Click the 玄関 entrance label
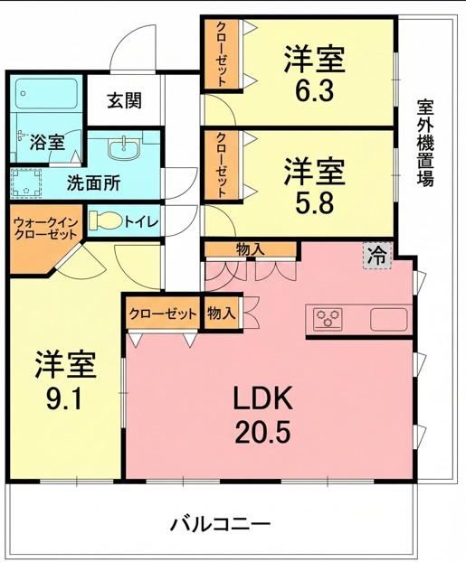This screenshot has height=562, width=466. tap(124, 100)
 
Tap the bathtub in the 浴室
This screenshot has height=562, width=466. tap(47, 94)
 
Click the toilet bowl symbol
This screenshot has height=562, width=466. tap(105, 220)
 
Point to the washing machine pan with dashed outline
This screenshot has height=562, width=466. tap(25, 183)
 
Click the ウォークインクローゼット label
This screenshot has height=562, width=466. tap(45, 229)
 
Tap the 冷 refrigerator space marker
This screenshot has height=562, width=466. tap(377, 256)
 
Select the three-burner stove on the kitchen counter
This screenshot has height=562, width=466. tap(328, 318)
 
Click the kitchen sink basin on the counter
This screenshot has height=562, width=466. tap(389, 319)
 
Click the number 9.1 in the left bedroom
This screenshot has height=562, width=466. tap(65, 398)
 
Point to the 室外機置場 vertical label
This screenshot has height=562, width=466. tap(425, 142)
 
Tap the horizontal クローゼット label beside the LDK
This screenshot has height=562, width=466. tap(164, 314)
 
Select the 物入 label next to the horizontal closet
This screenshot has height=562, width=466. tap(222, 314)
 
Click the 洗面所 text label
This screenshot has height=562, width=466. tap(94, 183)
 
